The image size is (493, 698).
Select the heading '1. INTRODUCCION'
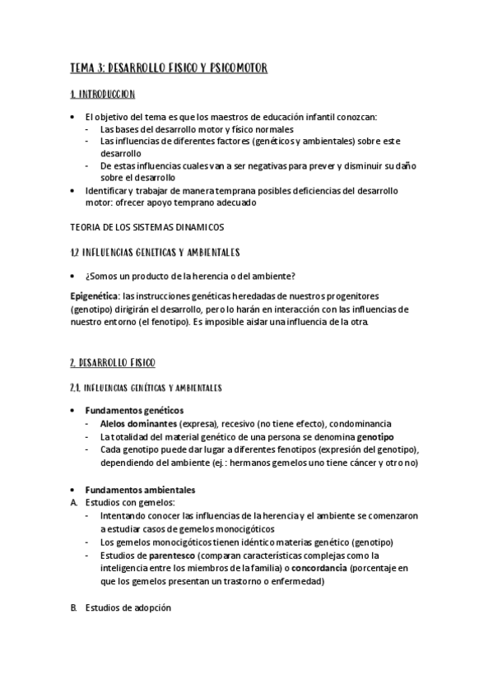coord(103,95)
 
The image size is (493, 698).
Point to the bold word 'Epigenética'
coord(95,294)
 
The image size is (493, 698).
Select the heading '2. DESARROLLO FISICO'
coord(113,361)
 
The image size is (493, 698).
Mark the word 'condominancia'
coord(363,423)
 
